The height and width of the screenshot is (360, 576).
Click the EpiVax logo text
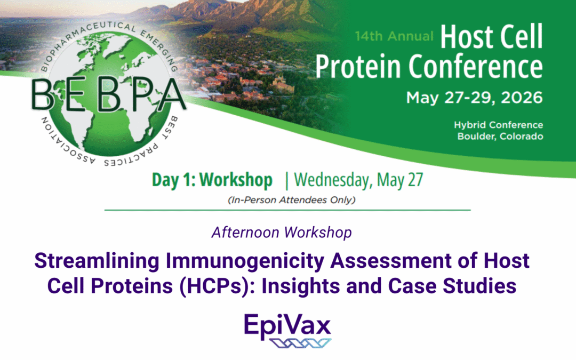[287, 324]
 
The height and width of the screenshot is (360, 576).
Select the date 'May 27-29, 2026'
[474, 98]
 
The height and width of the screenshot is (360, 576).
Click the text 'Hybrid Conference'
[498, 125]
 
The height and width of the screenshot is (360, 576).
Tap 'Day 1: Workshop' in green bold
[212, 180]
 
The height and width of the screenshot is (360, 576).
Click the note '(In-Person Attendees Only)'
[287, 201]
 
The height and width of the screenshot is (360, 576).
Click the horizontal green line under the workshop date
[287, 210]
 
